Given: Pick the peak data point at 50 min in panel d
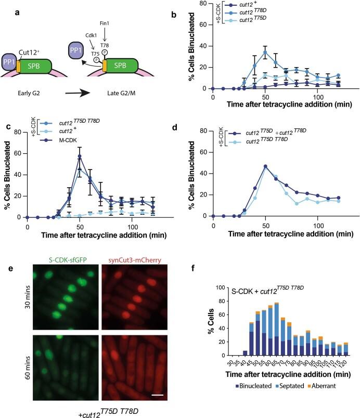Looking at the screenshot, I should pyautogui.click(x=266, y=166).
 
